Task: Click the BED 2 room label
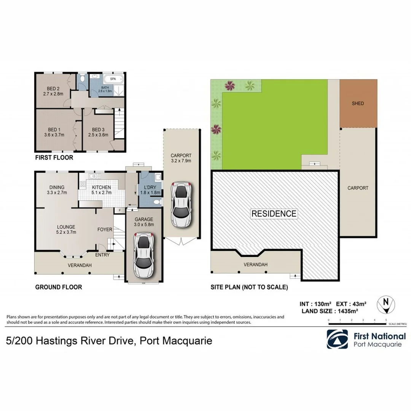pos(53,89)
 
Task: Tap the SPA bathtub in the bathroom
pos(113,80)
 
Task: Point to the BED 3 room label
pos(98,129)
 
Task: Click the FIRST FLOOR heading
pos(54,158)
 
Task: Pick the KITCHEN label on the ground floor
pos(101,187)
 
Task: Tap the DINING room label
pos(56,187)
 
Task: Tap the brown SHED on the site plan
pos(358,104)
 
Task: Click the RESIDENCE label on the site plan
pos(274,213)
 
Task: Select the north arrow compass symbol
pos(386,304)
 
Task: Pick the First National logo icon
pos(337,339)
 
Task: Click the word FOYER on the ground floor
pos(105,229)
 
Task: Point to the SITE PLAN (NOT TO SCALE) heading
pos(249,287)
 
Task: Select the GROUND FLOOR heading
pos(58,287)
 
